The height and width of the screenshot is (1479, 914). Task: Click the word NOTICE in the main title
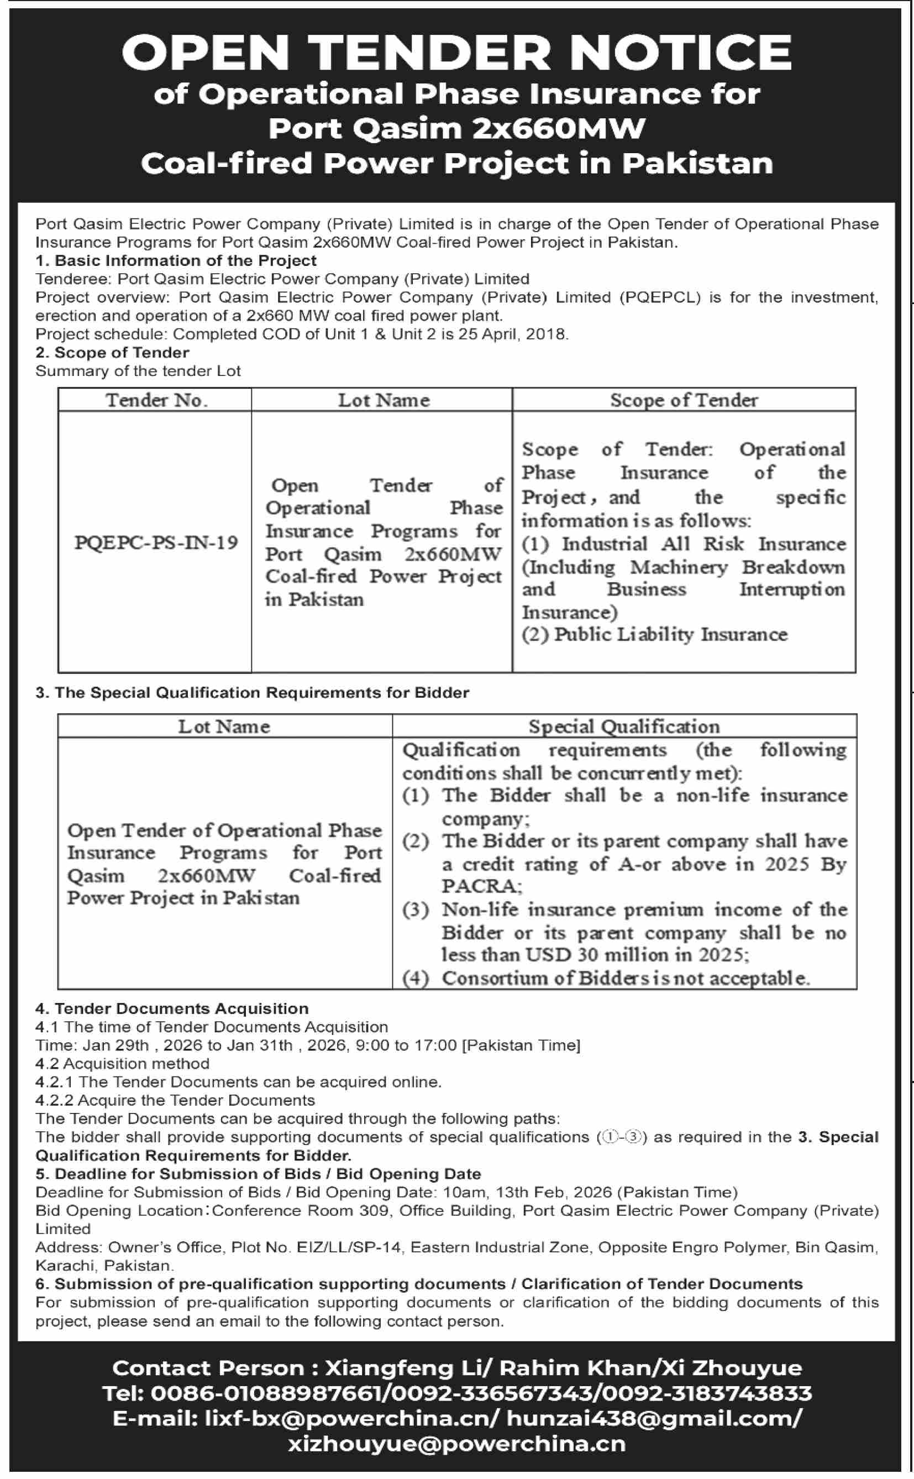point(680,53)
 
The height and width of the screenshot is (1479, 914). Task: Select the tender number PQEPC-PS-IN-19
point(156,542)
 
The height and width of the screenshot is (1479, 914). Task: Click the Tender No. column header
point(156,400)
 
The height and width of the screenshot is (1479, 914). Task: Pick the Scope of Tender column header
point(684,400)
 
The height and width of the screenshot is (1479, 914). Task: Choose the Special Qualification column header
point(624,726)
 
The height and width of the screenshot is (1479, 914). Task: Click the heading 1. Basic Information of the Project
point(176,260)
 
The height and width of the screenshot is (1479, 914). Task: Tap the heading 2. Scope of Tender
point(112,353)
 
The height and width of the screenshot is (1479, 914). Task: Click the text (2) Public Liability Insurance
point(655,634)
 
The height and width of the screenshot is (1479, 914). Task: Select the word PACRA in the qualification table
point(481,886)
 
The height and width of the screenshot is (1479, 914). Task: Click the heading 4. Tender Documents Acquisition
point(172,1008)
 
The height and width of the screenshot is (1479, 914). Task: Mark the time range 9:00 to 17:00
point(406,1046)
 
